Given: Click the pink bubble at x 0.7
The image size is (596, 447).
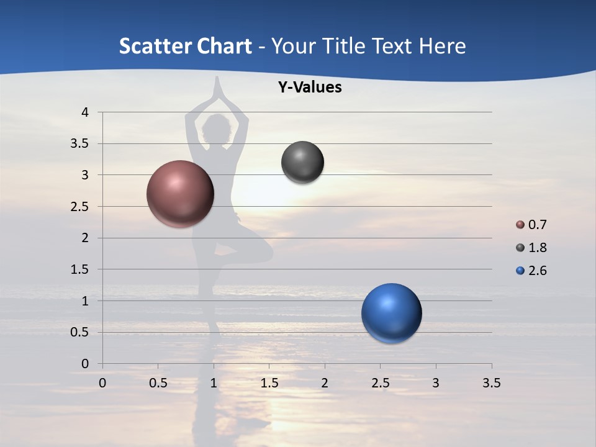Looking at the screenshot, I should click(x=180, y=194).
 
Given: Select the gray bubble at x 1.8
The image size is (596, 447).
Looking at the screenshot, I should click(x=302, y=163).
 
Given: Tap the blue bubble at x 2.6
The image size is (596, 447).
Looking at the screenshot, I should click(x=391, y=313).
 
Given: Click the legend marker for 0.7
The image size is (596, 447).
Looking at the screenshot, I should click(x=520, y=225).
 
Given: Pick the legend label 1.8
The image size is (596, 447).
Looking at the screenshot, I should click(x=537, y=248).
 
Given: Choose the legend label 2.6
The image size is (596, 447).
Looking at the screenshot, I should click(x=537, y=271).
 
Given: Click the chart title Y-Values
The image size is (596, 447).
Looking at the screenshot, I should click(x=309, y=88).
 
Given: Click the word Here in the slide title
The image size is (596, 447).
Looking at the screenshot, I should click(x=442, y=46).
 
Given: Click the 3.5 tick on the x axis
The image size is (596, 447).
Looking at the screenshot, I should click(x=491, y=383).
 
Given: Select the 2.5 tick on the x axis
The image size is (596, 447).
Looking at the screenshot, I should click(x=380, y=383).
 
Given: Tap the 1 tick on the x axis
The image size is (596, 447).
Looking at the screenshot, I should click(x=214, y=383).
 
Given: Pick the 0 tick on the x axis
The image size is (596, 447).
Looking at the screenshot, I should click(x=102, y=383).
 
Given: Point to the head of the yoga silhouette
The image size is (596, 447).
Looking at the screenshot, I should click(x=215, y=129).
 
